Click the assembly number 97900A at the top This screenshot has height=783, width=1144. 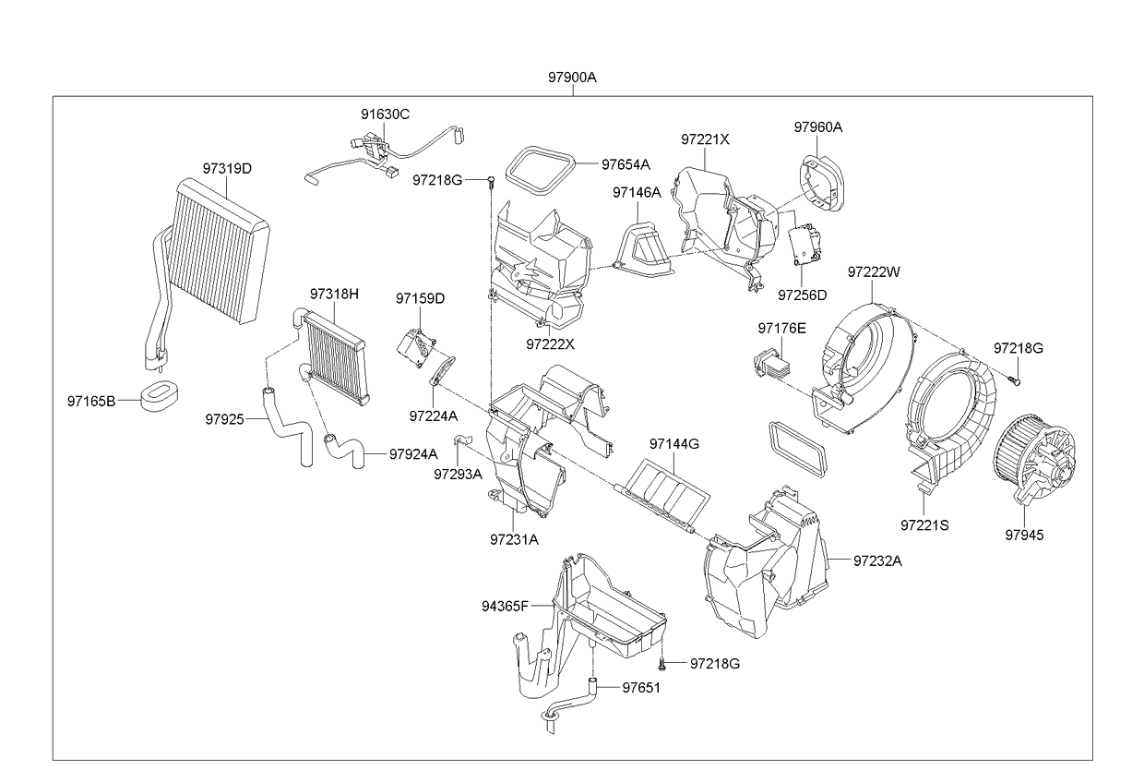pos(573,78)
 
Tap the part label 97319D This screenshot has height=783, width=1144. pos(227,169)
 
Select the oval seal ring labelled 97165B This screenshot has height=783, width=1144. pos(160,396)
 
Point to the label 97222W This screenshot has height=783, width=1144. pos(873,271)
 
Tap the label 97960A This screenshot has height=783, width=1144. pos(817,127)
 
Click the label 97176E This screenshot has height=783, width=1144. pos(781,328)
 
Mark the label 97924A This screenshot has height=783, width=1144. pos(413,453)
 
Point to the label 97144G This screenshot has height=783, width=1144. pos(673,444)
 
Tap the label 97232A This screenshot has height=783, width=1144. pos(877,560)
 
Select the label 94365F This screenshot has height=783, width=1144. pos(505,606)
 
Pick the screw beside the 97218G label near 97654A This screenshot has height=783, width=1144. pos(491,178)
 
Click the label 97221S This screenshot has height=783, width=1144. pos(924,524)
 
